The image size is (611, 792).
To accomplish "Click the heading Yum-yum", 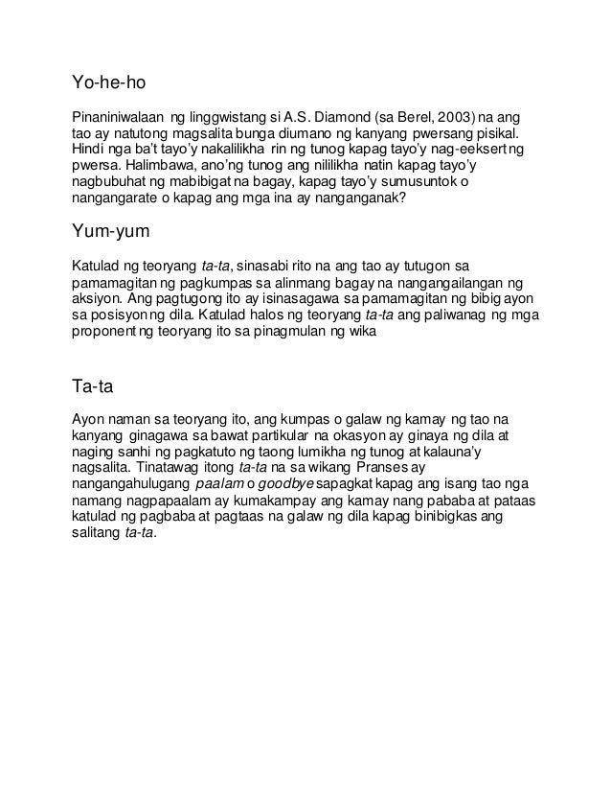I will pos(113,234).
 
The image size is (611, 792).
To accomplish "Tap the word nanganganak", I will pos(353,201).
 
